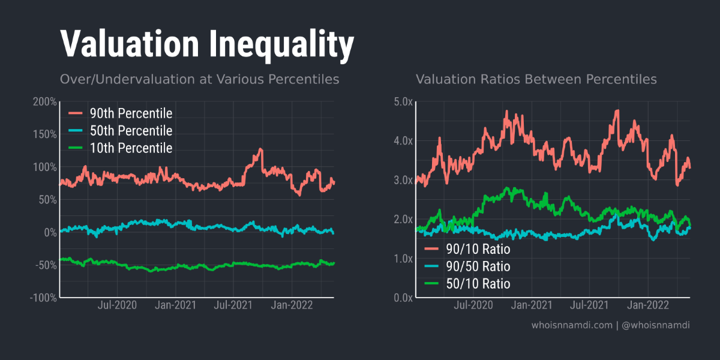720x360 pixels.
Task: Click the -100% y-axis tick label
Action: click(43, 298)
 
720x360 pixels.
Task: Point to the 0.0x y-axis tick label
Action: click(403, 298)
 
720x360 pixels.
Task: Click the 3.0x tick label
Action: click(403, 180)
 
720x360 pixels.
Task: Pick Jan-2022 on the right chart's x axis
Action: click(648, 305)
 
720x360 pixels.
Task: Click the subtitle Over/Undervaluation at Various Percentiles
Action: click(199, 79)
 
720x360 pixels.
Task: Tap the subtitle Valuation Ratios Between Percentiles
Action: click(536, 79)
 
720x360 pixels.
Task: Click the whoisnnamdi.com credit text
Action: click(572, 325)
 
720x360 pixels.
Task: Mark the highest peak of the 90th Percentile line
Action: click(260, 149)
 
